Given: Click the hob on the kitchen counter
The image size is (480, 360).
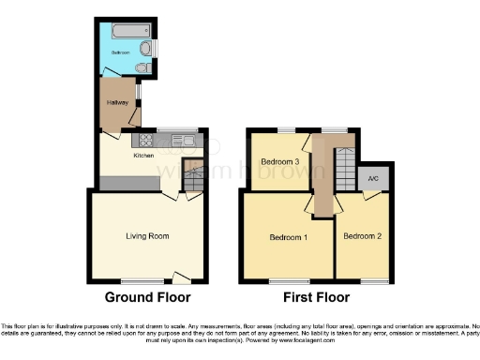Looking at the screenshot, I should click(154, 142).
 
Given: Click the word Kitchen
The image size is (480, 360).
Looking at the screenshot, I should click(143, 155).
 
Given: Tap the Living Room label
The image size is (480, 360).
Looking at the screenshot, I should click(146, 236).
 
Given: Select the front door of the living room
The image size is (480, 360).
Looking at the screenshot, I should click(179, 278).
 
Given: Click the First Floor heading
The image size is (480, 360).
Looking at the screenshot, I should click(317, 297).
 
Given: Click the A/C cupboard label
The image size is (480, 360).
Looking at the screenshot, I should click(373, 178).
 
